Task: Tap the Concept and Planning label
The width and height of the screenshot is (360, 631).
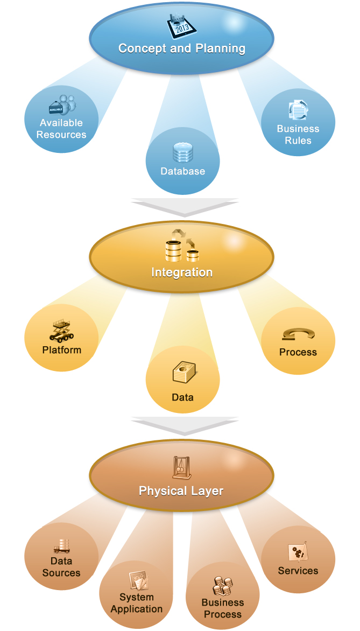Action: [182, 48]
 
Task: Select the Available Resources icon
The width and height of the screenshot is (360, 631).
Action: [61, 105]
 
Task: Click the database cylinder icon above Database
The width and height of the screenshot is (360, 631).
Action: [182, 153]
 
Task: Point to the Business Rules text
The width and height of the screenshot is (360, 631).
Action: [298, 135]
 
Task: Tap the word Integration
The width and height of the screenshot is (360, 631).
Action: [182, 272]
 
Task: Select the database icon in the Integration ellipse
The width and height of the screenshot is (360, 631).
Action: [181, 246]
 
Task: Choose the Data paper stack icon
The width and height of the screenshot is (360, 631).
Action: [183, 373]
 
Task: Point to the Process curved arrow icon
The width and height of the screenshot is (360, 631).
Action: [298, 335]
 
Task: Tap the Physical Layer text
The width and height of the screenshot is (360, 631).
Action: [181, 490]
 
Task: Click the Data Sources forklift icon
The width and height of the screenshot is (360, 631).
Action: [61, 546]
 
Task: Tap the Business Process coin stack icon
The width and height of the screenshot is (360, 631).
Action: [222, 585]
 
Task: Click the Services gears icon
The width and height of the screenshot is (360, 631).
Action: [298, 553]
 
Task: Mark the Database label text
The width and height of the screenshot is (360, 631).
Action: [183, 171]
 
